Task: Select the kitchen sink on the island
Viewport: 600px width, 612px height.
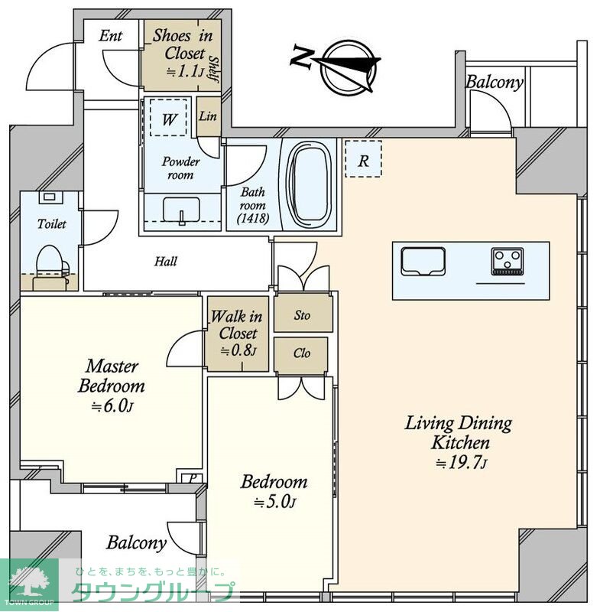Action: [x=423, y=262]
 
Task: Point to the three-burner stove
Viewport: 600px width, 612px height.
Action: [x=508, y=262]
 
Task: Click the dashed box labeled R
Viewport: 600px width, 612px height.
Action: [x=363, y=158]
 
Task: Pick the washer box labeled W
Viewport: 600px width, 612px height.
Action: [x=168, y=117]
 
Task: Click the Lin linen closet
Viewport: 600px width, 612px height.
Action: [x=209, y=117]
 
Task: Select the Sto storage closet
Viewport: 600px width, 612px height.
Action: [x=303, y=314]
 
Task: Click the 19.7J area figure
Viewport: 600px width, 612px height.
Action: [x=461, y=463]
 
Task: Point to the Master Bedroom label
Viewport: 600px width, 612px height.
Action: [x=112, y=376]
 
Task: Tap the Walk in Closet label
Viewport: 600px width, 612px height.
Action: [x=237, y=324]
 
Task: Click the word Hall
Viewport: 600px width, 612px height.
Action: [x=166, y=261]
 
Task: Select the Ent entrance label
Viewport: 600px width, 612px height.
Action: [x=111, y=36]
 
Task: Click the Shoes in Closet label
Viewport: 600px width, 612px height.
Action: [x=183, y=44]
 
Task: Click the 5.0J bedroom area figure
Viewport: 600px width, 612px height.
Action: [x=274, y=502]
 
